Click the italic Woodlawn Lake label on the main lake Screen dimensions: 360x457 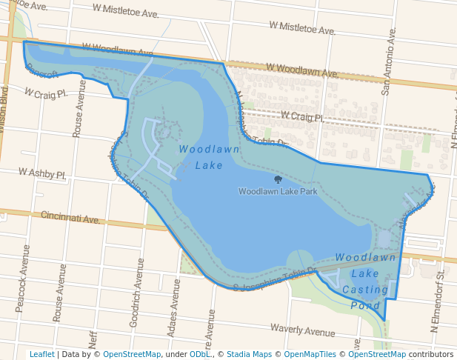pos(199,157)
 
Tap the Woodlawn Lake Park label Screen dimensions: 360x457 pos(278,191)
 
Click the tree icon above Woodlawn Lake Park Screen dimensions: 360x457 pos(278,179)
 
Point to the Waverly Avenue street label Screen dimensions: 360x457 pos(303,330)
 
